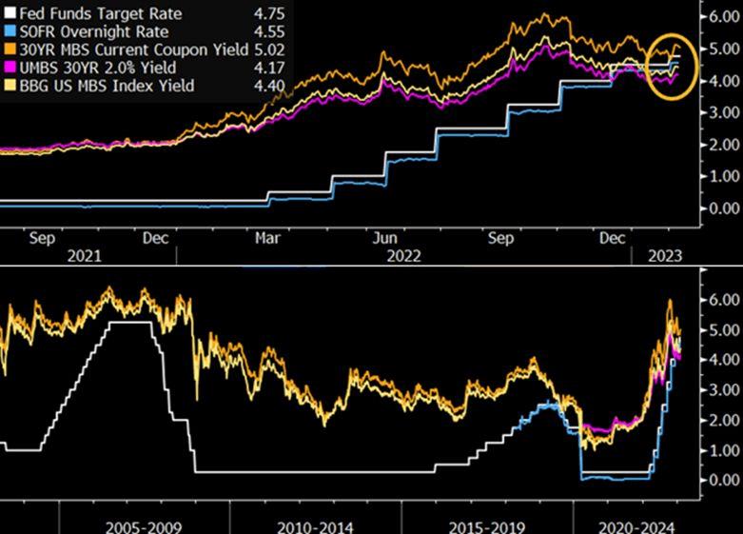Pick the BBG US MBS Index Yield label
[x=101, y=87]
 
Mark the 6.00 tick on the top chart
[x=719, y=16]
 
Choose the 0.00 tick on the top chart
[x=719, y=208]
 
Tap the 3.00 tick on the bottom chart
[x=719, y=388]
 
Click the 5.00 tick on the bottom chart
[x=719, y=328]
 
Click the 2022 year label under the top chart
[x=405, y=256]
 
